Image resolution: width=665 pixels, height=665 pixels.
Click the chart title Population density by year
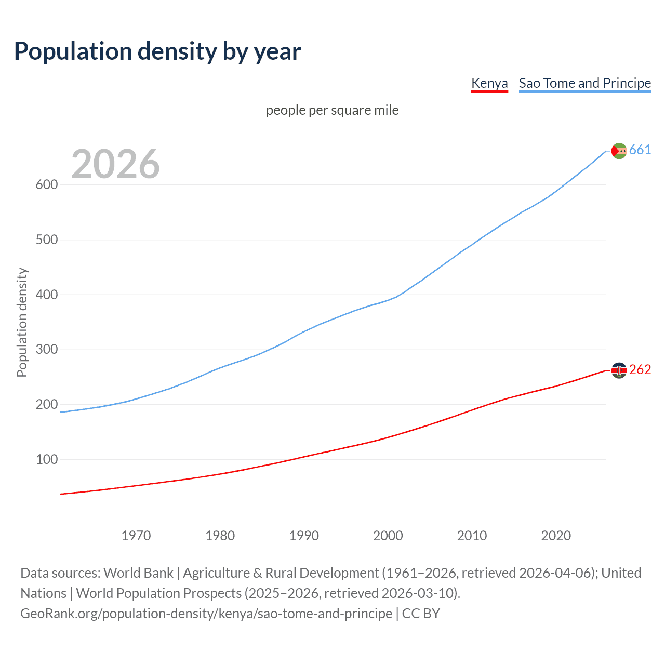157,51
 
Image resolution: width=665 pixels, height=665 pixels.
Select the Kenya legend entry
489,83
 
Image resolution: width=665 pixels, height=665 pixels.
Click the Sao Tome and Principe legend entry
584,83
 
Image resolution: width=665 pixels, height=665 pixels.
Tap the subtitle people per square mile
332,110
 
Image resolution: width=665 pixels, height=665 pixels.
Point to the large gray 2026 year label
115,164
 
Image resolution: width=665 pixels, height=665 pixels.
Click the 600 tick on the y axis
46,185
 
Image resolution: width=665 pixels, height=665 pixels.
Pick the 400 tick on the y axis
46,295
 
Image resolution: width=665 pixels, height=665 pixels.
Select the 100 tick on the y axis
46,459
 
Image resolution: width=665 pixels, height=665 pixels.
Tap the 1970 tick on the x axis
136,536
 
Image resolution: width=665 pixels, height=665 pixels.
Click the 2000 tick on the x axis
388,536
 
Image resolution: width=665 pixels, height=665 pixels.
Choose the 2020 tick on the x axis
556,536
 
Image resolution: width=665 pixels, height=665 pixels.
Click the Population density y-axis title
22,322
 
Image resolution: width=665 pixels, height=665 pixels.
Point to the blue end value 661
640,150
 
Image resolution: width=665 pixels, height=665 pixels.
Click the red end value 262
640,369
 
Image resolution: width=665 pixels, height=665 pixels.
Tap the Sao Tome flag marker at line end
619,151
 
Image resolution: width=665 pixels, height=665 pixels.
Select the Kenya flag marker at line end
619,370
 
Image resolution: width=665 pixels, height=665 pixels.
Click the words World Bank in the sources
138,573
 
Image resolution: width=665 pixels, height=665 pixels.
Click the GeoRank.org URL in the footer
206,614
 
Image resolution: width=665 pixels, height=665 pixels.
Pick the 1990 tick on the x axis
304,536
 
